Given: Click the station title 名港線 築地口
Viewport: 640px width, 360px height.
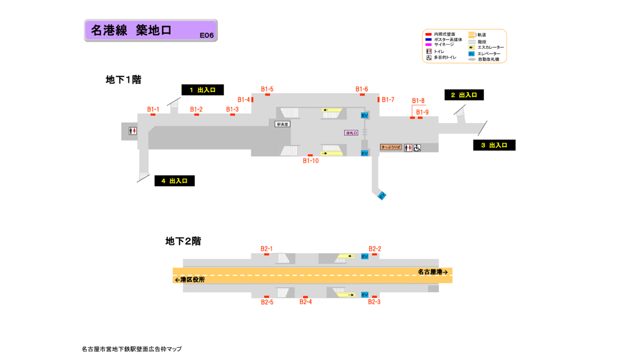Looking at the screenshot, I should [131, 30].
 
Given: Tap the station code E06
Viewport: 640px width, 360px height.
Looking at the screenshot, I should [206, 35].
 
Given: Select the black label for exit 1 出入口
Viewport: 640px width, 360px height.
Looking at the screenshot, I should [202, 90].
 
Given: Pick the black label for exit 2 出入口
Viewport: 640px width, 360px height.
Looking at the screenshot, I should [464, 95].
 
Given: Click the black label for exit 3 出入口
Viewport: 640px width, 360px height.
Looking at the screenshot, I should [494, 145].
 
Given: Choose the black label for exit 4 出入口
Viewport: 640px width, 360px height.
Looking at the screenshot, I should [174, 181].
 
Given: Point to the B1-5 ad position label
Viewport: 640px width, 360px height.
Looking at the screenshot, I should [267, 89].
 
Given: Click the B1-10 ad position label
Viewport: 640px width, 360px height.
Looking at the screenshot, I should [310, 161].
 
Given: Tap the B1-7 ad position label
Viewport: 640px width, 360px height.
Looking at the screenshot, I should [388, 100].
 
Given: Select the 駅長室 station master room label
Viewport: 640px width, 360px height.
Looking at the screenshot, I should [282, 124].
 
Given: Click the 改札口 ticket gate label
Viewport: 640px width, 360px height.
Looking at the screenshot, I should [351, 133].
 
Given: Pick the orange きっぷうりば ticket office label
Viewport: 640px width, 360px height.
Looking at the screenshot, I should [391, 147].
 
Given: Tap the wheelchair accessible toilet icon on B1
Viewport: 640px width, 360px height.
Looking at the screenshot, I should [417, 148].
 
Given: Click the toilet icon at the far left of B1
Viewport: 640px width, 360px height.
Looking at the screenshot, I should [132, 131].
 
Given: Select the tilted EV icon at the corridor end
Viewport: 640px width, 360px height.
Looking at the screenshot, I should [382, 196].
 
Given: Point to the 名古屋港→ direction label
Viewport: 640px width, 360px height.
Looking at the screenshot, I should [432, 272].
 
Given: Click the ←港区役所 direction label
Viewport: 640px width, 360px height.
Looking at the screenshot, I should [189, 279].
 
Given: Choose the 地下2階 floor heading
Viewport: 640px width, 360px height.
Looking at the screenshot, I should [183, 241].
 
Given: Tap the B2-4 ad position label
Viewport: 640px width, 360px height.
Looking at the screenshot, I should [305, 302].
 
